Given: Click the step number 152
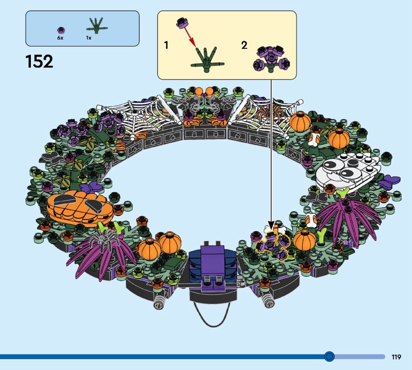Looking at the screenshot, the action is click(x=40, y=61).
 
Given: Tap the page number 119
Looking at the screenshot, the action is click(x=396, y=357).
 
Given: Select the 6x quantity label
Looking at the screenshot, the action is click(x=60, y=38).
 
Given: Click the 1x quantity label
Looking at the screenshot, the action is click(x=89, y=38).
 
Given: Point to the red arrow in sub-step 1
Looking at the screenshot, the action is click(x=189, y=36).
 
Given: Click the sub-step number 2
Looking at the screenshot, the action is click(x=244, y=45).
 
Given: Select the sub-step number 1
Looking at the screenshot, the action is click(x=166, y=45).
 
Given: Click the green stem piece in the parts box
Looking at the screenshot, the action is click(x=97, y=26).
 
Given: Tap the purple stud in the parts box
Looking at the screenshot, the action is click(x=61, y=30).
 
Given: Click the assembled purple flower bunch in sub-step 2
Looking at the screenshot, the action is click(x=271, y=59).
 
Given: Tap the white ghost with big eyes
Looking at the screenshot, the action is click(x=347, y=172).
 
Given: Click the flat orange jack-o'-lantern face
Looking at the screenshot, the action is click(x=80, y=208).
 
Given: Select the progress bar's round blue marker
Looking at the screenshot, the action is click(x=329, y=357).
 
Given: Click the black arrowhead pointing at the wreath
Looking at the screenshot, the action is click(x=271, y=226).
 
